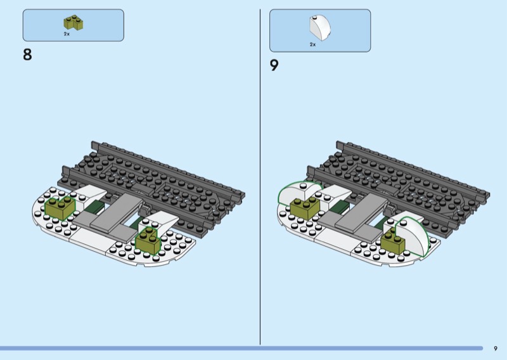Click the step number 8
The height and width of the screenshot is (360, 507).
click(x=27, y=55)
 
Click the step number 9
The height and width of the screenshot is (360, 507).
click(x=274, y=65)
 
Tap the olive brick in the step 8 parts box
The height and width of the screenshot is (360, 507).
click(x=73, y=23)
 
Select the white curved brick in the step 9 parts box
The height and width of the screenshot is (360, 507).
click(x=319, y=28)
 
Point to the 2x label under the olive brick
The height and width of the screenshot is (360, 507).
click(x=67, y=34)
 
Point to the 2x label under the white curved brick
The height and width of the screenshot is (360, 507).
click(x=312, y=44)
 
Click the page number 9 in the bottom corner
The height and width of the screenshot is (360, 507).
click(x=496, y=349)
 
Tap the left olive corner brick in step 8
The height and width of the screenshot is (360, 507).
click(x=60, y=208)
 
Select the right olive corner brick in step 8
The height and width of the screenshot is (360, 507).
click(x=148, y=240)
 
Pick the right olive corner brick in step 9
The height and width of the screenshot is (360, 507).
click(x=393, y=242)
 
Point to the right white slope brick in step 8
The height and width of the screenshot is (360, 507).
click(x=161, y=220)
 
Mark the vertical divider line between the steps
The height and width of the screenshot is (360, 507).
click(x=260, y=177)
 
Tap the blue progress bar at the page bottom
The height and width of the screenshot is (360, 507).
click(x=241, y=349)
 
